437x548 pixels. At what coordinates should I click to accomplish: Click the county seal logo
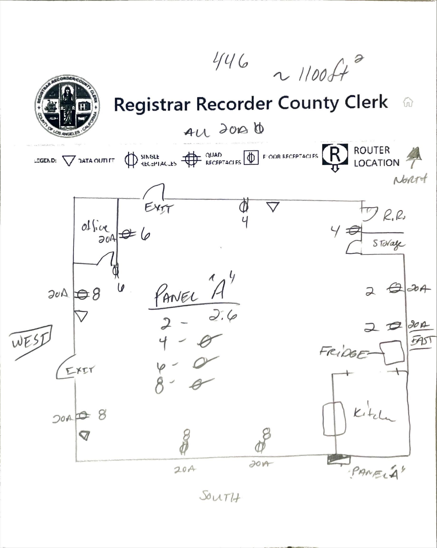tap(67, 106)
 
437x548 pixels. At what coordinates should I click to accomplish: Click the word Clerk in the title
tap(366, 103)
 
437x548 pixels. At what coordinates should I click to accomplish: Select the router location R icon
tap(335, 155)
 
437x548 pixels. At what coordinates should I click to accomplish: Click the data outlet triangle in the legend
tap(69, 161)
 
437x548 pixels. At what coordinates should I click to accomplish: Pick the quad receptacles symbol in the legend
tap(191, 159)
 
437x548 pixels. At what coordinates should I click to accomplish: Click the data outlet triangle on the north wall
tap(273, 207)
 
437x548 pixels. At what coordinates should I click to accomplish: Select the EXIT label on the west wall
tap(80, 370)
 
